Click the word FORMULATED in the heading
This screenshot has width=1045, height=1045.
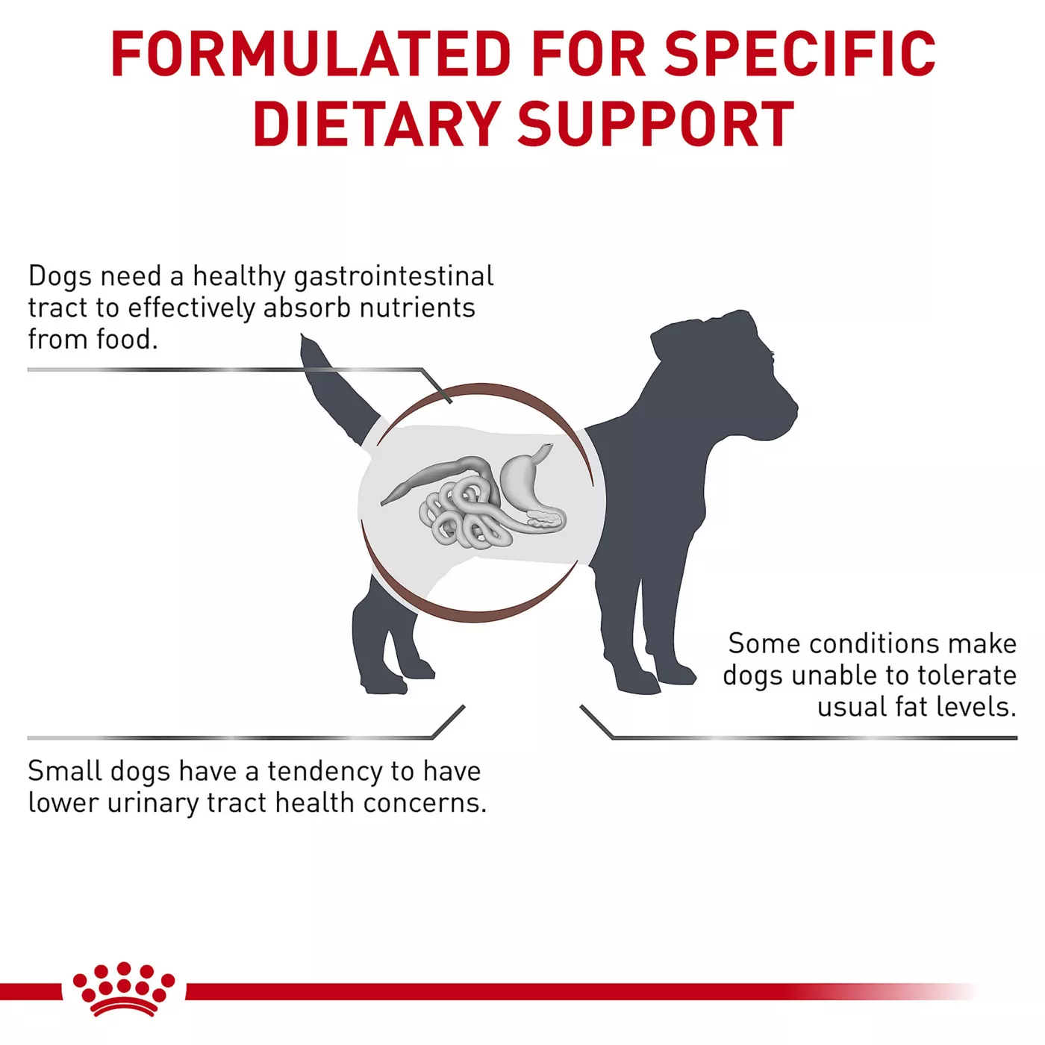point(311,54)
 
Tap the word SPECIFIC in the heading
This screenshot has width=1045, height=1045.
point(800,54)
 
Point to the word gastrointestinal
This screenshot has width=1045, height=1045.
point(393,278)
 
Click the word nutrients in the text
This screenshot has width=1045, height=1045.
point(417,308)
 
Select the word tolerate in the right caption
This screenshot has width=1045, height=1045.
point(967,676)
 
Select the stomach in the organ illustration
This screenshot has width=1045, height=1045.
point(524,477)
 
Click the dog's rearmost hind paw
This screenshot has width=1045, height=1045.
point(385,686)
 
